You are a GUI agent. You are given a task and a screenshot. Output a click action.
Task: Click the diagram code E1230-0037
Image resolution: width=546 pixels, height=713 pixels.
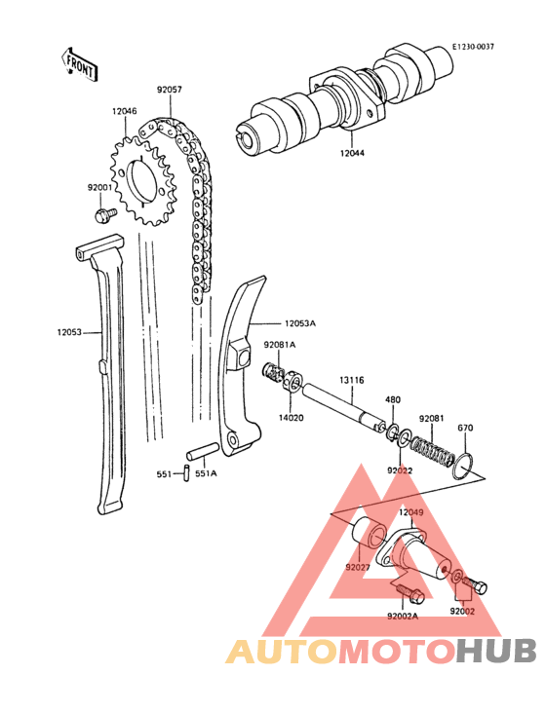473,47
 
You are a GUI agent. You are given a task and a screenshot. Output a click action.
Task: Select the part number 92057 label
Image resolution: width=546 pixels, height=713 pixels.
170,90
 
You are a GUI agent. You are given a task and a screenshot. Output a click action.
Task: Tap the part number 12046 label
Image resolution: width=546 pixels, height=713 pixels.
124,111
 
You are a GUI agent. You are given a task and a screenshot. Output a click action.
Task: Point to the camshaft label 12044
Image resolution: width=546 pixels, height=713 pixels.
352,153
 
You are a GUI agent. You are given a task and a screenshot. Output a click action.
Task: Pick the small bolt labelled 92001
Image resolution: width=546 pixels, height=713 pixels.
105,214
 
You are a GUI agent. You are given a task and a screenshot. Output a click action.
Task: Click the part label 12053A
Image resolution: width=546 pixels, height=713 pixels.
300,323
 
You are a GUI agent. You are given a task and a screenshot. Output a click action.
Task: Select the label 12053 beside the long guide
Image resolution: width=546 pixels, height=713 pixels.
69,332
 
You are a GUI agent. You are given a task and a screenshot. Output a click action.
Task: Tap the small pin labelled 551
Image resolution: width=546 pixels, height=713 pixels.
186,472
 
